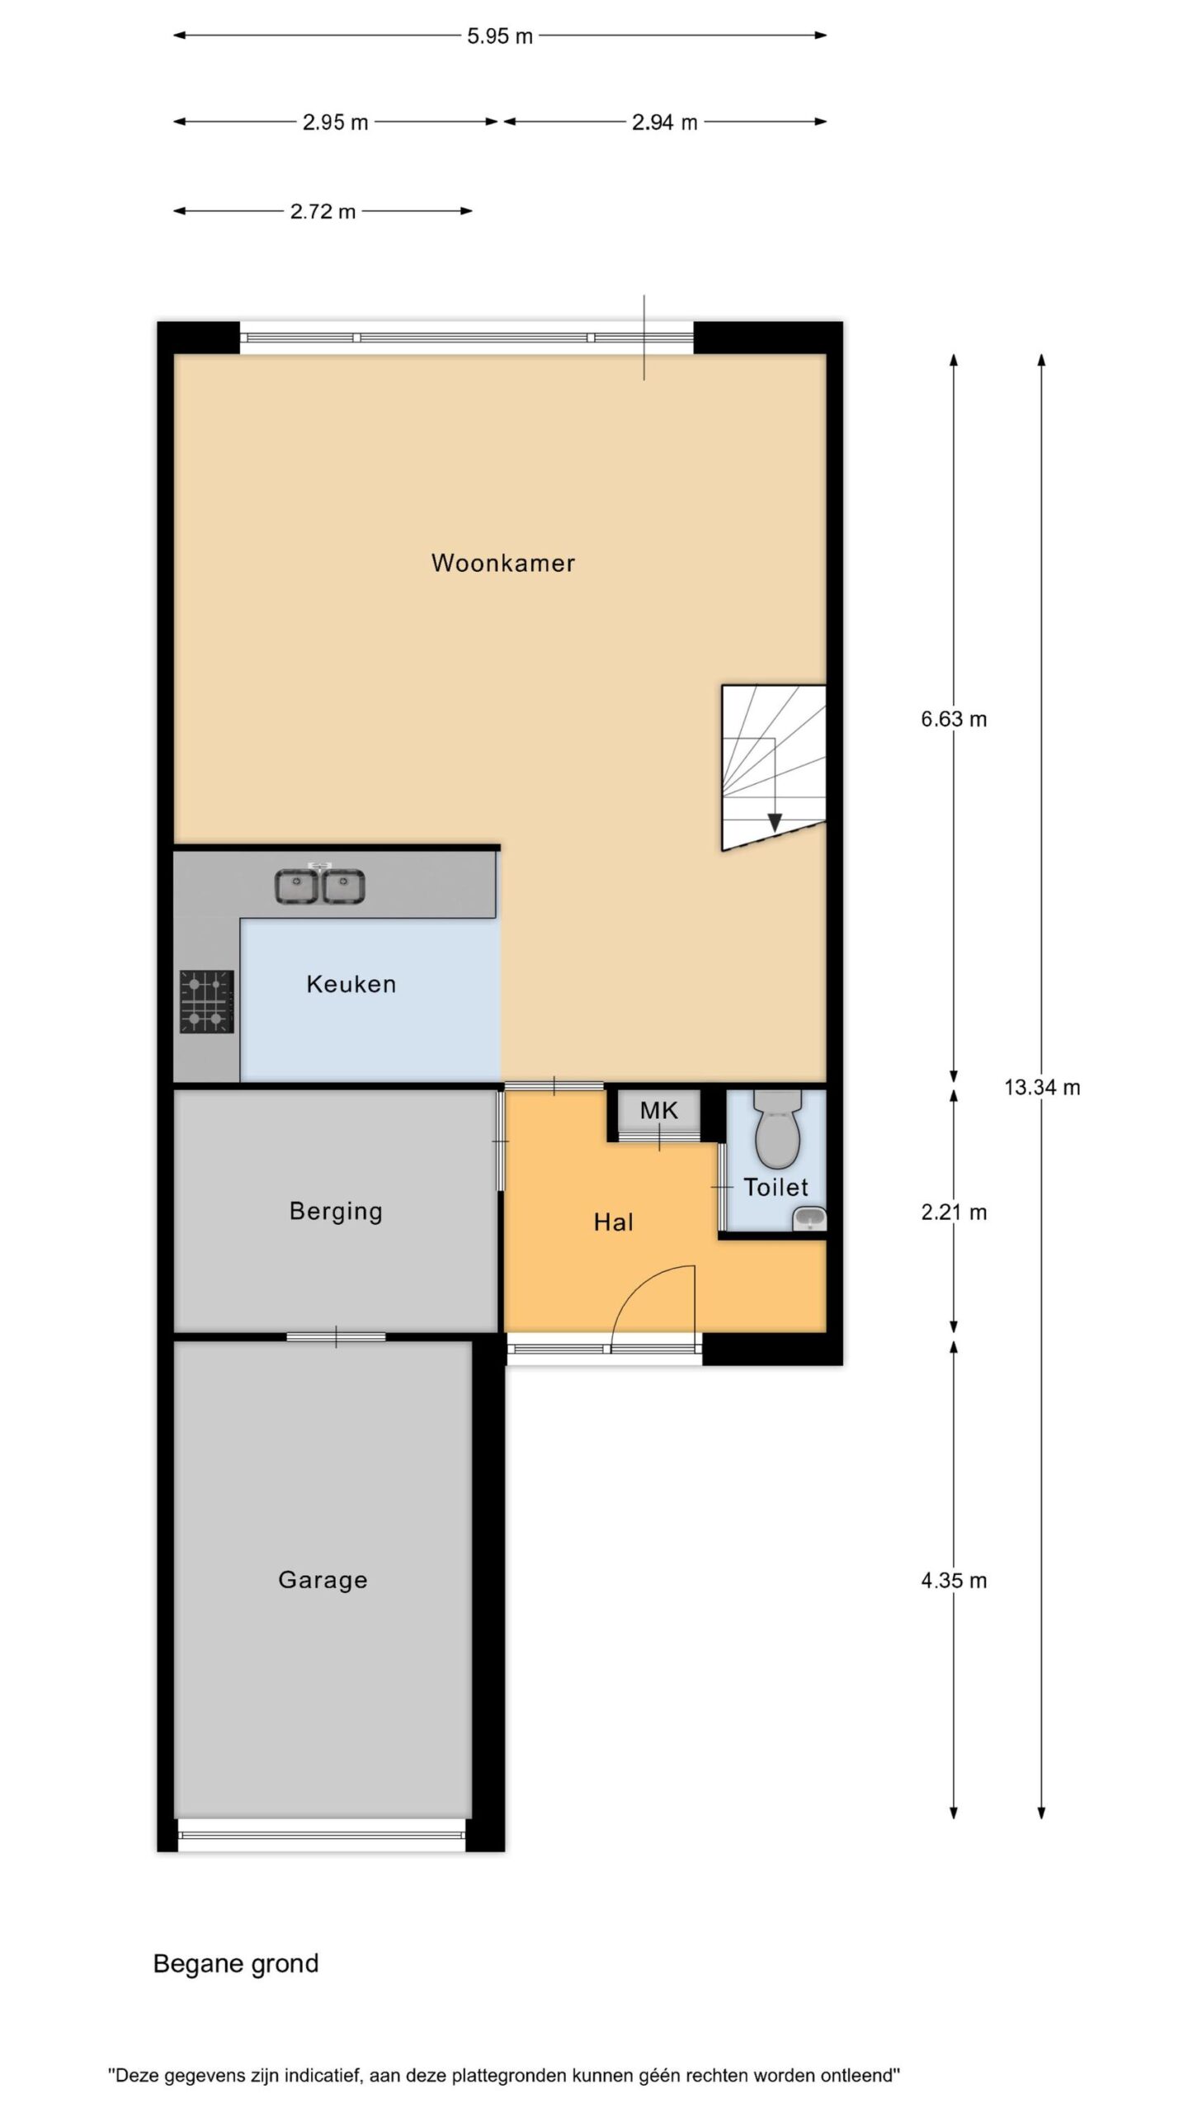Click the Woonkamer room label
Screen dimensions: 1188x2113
502,563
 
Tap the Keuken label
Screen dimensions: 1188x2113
351,984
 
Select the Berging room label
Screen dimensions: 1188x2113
336,1212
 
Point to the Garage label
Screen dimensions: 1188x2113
323,1580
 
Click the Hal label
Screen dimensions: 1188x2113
614,1222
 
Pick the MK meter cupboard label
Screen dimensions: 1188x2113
659,1110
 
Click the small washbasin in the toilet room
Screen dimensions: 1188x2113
809,1219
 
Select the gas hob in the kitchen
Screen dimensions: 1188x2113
207,1001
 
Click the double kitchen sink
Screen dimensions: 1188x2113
320,886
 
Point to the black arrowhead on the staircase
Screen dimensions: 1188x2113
774,822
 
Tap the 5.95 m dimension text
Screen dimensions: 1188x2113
500,36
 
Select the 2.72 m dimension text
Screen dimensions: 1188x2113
323,211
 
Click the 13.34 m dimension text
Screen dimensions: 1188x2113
1042,1087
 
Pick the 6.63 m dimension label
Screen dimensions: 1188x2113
954,719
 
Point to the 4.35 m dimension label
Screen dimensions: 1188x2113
954,1580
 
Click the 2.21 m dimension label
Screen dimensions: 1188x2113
954,1212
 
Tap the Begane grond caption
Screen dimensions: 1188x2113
236,1964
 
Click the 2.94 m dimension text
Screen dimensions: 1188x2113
665,122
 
